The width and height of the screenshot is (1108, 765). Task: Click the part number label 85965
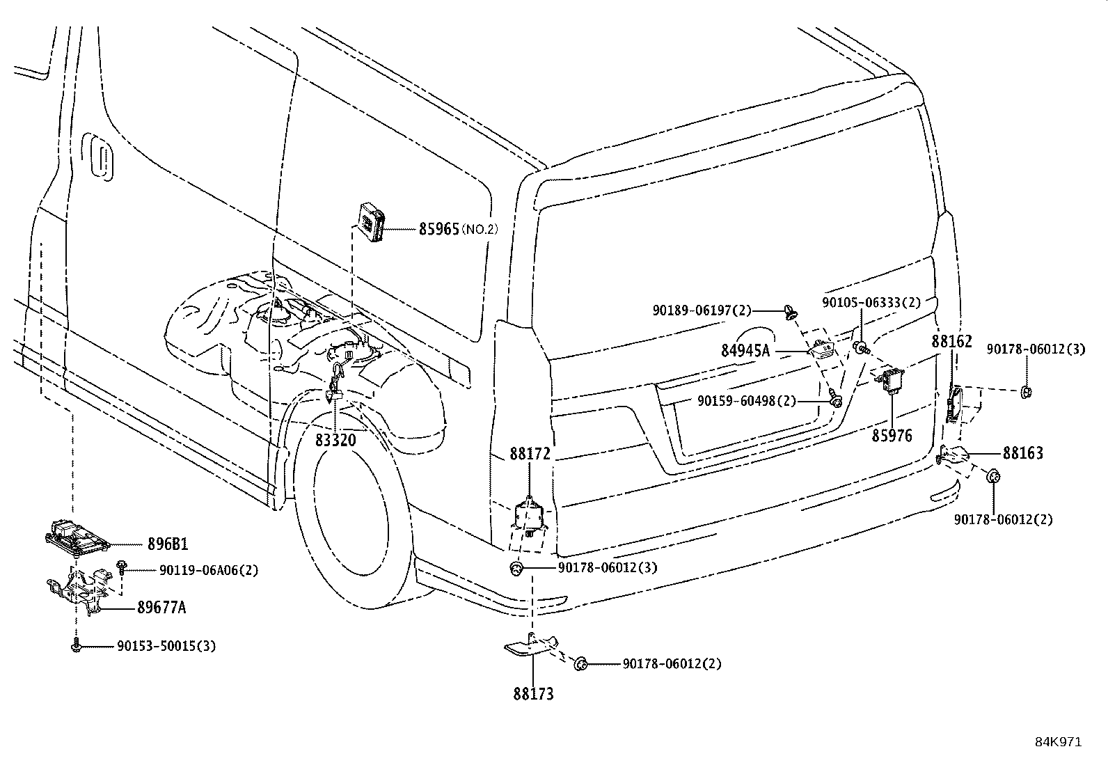point(438,228)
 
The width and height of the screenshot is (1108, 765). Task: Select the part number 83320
point(335,440)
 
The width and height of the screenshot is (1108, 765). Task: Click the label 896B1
point(167,544)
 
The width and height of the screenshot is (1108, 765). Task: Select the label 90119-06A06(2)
point(209,570)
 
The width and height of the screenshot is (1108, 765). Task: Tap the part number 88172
point(530,454)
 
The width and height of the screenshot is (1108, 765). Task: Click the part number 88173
point(534,694)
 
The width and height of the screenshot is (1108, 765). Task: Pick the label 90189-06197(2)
point(702,310)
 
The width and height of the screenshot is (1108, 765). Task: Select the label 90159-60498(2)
point(747,401)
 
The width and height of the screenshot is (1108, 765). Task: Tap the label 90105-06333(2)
point(871,303)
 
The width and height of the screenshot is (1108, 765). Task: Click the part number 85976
point(892,436)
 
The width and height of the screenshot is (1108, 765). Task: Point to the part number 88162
point(951,342)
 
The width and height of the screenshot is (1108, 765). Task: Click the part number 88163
point(1022,454)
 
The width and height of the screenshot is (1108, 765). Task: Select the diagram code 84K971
point(1057,742)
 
